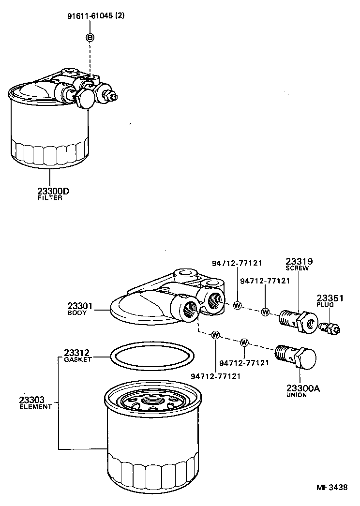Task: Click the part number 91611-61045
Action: click(90, 16)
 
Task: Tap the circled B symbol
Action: click(90, 37)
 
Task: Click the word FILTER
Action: click(50, 198)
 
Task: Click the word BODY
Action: click(77, 313)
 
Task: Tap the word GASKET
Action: click(78, 359)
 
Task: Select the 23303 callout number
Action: click(32, 400)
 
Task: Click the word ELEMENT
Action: click(35, 407)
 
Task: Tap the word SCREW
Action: click(297, 268)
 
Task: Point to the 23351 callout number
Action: click(330, 298)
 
